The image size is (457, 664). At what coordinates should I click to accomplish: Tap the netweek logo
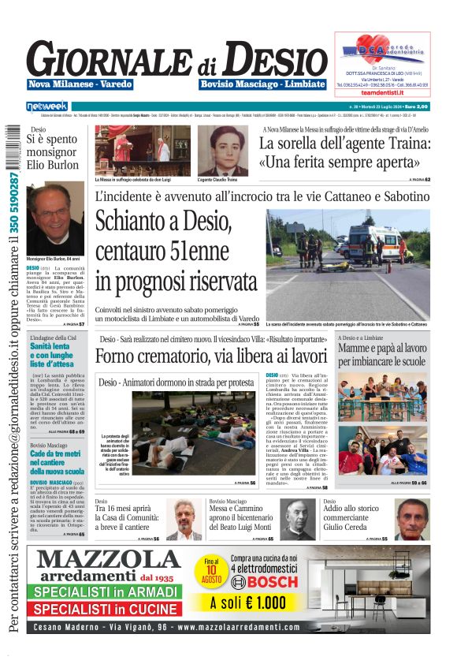point(46,106)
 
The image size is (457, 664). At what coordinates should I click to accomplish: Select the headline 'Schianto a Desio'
point(164,228)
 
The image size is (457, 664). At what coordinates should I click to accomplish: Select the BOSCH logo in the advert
point(265,582)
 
